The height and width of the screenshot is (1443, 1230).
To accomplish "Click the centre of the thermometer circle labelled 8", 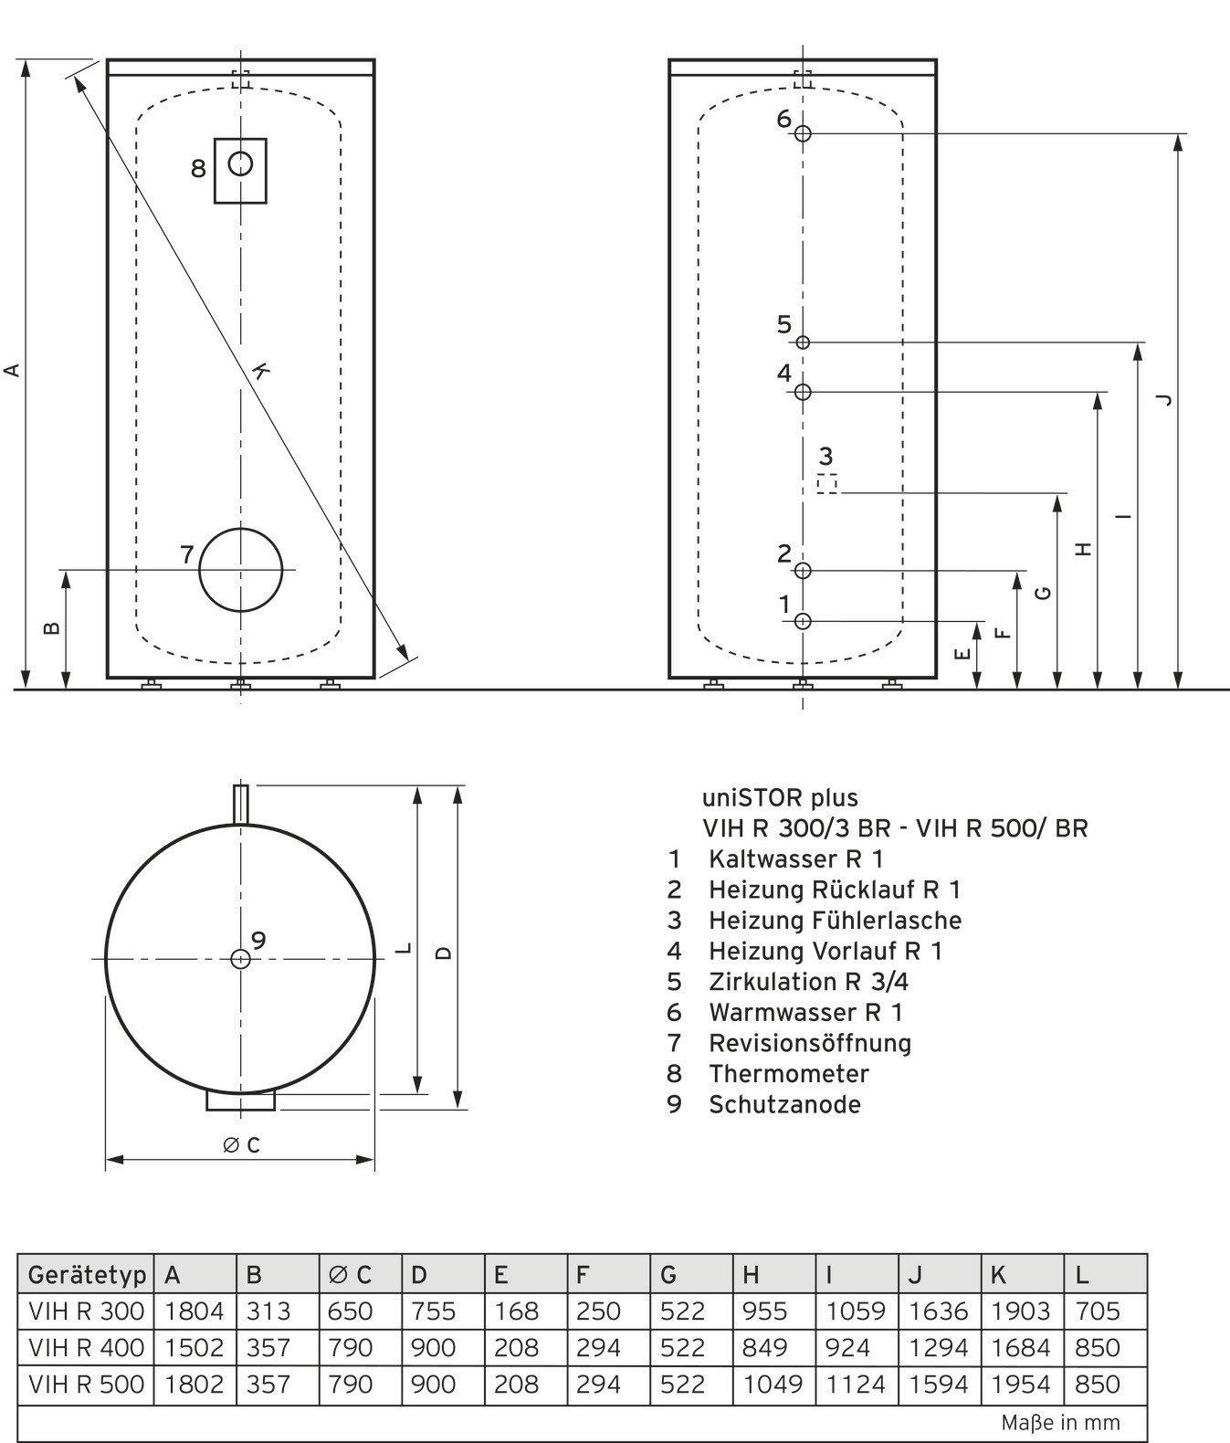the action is pos(240,164).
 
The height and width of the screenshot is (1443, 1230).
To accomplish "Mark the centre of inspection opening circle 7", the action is pos(241,570).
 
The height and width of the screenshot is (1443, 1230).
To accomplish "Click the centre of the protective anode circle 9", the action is pos(240,959).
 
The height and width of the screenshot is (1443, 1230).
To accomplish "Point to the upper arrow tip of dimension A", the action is pos(26,60).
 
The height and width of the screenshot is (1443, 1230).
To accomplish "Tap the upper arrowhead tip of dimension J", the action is pos(1178,134).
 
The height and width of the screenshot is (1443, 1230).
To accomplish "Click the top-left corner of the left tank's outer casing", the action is pos(108,60).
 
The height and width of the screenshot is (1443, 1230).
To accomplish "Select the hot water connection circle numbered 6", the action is pos(803,133).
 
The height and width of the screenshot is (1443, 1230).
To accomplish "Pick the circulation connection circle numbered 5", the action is pos(803,342).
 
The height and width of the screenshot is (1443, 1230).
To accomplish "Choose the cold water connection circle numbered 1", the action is pos(803,621).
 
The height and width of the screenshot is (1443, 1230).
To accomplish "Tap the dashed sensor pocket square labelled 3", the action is pos(827,484).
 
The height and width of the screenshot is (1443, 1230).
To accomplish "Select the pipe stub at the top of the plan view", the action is pos(241,805).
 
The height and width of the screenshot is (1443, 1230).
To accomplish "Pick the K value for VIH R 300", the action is pos(1021,1311).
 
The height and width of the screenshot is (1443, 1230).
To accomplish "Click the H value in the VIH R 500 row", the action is pos(773,1384).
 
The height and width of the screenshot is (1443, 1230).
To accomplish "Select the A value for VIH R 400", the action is pos(194,1347).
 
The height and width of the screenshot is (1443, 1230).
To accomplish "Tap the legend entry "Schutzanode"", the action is pos(784,1104).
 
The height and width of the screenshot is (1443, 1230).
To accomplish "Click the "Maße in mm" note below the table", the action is pos(1060,1423).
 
